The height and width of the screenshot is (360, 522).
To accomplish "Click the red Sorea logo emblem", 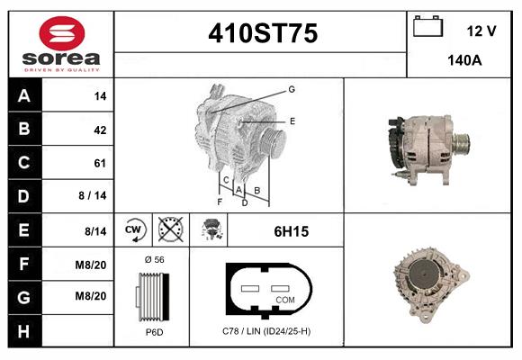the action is pyautogui.click(x=62, y=33).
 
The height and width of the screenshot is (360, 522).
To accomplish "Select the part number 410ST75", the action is pyautogui.click(x=263, y=33).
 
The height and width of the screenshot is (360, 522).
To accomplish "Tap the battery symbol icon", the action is pyautogui.click(x=427, y=26).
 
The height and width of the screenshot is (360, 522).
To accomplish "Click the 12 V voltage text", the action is pyautogui.click(x=481, y=31).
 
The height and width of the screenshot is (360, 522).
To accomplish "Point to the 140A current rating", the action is pyautogui.click(x=464, y=60).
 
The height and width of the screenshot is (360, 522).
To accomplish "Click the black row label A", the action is pyautogui.click(x=24, y=95).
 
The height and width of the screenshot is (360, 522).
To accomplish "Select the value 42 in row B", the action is pyautogui.click(x=100, y=130).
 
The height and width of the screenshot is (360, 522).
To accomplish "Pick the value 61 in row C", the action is pyautogui.click(x=100, y=163).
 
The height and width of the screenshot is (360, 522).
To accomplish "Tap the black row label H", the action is pyautogui.click(x=23, y=331).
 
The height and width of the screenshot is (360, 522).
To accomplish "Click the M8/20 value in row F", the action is pyautogui.click(x=91, y=265).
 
